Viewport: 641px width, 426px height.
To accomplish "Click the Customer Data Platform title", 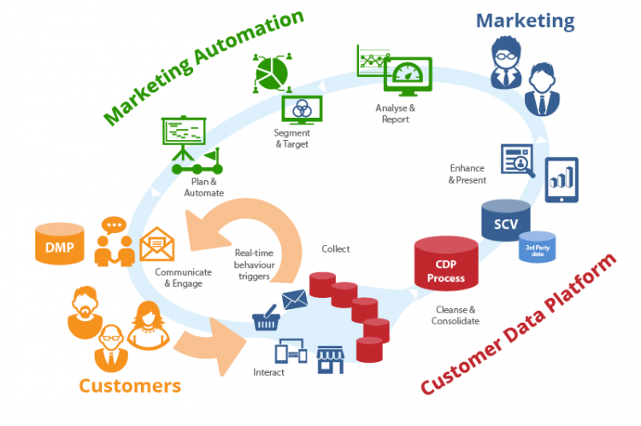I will point(520,325).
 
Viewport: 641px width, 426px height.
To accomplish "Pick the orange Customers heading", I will point(130,385).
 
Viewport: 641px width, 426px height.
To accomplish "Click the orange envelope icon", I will point(157,244).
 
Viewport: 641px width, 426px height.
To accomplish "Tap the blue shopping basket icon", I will point(265,320).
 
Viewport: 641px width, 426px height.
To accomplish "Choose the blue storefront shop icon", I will point(330,359).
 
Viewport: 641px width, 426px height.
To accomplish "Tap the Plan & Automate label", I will point(203,186).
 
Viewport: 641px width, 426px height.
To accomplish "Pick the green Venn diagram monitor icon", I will point(301,108).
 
